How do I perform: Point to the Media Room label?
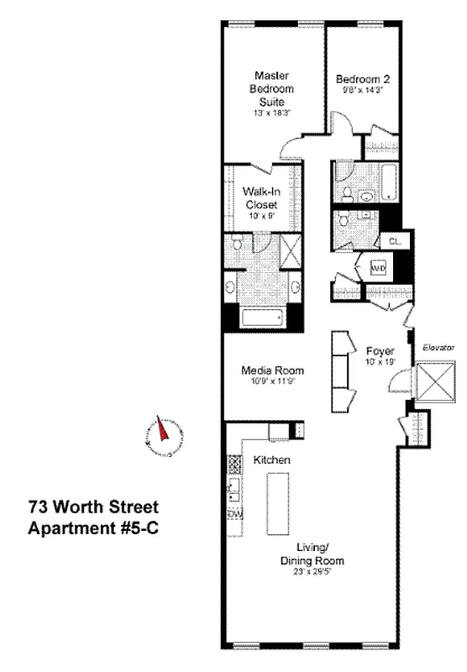(260, 370)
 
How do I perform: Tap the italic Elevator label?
(438, 347)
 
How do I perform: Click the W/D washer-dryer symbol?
(378, 270)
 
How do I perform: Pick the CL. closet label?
(395, 241)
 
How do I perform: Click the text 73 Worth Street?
(92, 507)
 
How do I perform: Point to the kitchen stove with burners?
(233, 486)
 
